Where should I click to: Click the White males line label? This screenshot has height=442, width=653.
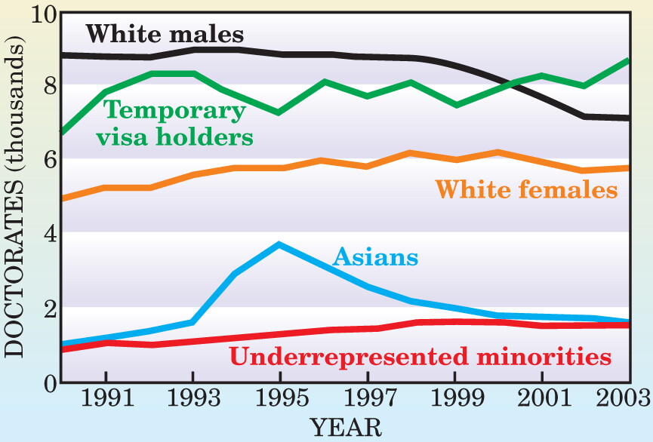165,34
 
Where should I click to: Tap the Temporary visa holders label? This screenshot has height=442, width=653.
175,123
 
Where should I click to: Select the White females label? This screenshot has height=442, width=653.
526,189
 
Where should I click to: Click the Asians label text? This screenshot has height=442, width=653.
376,256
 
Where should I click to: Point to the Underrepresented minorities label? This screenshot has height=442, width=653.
420,357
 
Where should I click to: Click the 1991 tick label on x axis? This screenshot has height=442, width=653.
107,398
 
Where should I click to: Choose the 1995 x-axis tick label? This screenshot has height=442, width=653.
282,398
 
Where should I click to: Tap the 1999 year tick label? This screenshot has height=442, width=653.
457,398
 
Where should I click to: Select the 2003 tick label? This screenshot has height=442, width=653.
624,398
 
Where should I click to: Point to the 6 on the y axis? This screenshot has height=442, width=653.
50,159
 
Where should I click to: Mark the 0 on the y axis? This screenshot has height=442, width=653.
50,384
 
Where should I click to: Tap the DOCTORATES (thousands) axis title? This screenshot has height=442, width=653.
15,196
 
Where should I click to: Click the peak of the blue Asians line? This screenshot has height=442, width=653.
280,244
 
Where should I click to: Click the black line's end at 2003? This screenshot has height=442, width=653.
628,118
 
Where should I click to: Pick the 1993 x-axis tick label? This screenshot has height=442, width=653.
194,398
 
